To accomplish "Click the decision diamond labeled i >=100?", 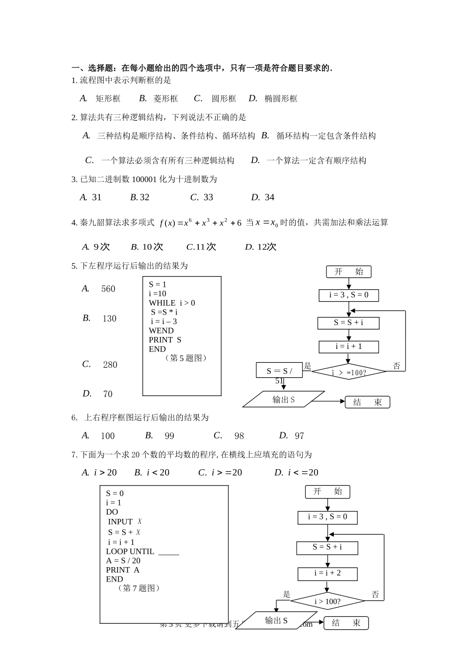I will point(349,372).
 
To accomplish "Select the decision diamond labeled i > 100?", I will point(327,601).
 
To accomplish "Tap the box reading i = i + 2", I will point(327,573).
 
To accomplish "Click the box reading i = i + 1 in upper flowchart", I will point(349,346).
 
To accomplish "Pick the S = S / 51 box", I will point(279,370).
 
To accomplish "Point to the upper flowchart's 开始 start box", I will point(349,271).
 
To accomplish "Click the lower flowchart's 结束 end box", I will point(346,623).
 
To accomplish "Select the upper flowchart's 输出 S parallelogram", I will point(284,399).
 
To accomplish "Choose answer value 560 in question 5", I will point(108,289).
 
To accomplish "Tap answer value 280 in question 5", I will point(110,365).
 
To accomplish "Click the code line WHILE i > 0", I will point(172,303).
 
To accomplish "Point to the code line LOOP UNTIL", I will point(142,551).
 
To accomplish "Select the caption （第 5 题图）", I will point(185,358).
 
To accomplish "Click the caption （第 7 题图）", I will point(139,588).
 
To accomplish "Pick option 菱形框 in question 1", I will point(165,98).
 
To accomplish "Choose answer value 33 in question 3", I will point(208,197).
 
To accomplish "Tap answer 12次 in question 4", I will point(266,247).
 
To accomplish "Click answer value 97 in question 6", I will point(299,436).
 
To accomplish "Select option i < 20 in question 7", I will point(158,473).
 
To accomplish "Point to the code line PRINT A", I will point(123,570).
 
